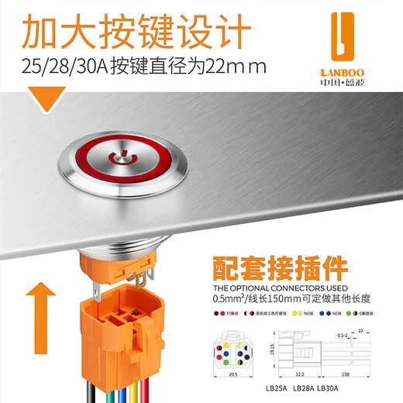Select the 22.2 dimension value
tap(300, 373)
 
